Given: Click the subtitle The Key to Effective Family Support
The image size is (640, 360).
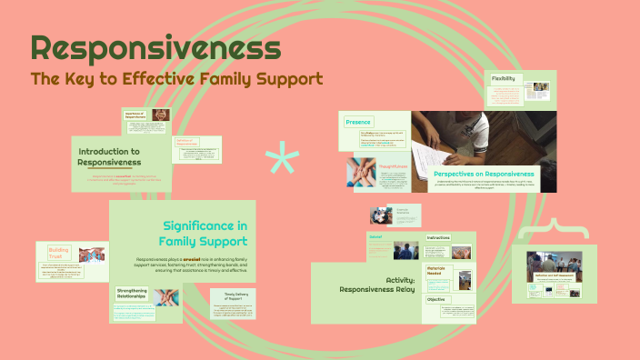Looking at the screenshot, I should coord(176,79).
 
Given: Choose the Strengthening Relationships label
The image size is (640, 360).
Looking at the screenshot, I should coord(132,293).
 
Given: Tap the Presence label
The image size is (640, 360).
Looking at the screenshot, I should coord(357,122).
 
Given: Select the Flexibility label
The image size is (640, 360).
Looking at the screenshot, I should coord(505,79).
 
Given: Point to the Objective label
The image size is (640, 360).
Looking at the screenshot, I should coord(435,298).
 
